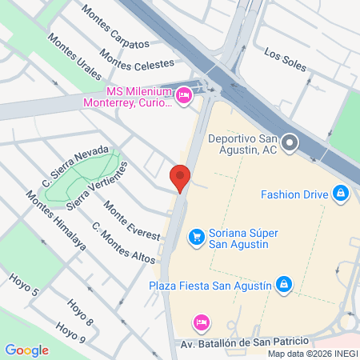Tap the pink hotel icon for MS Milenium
(x=184, y=96)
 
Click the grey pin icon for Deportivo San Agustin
(x=290, y=143)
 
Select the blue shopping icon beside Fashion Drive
(x=342, y=193)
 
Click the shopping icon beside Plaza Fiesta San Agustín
(x=283, y=283)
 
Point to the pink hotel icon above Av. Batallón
(x=202, y=322)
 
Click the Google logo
(x=26, y=350)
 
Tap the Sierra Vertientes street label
(x=98, y=186)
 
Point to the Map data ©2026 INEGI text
(x=311, y=354)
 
